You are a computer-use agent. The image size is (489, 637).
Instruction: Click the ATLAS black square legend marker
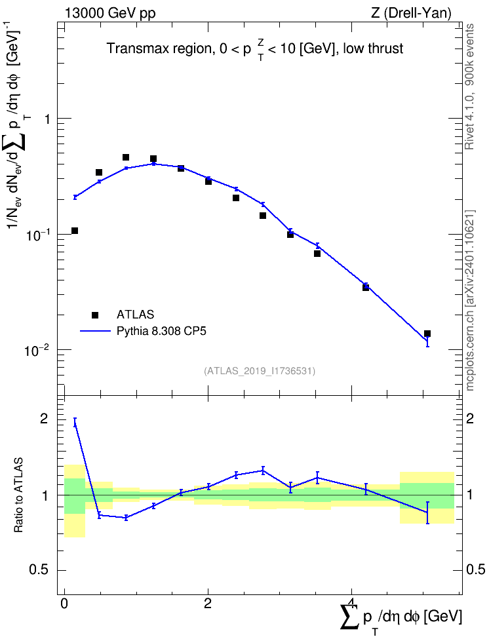click(x=95, y=315)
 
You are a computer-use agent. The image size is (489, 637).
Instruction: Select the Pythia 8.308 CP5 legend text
click(x=161, y=331)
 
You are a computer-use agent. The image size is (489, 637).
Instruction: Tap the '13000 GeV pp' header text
click(x=110, y=13)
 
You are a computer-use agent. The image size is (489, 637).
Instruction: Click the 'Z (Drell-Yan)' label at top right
click(x=411, y=13)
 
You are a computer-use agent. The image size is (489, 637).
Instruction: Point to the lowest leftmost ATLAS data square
click(x=74, y=231)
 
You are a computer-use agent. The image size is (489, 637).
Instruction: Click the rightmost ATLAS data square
click(x=427, y=334)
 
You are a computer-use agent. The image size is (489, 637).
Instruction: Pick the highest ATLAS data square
click(x=126, y=157)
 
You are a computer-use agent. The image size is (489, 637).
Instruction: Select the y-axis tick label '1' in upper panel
click(x=47, y=119)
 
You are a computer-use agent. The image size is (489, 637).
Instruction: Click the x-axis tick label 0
click(x=64, y=604)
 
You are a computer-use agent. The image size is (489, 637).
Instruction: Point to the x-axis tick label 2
click(x=208, y=604)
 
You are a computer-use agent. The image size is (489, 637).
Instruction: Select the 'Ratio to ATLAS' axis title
click(x=18, y=495)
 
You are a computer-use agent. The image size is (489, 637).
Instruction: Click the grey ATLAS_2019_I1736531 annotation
click(x=260, y=370)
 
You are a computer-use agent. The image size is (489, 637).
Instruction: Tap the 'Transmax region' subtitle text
click(x=159, y=48)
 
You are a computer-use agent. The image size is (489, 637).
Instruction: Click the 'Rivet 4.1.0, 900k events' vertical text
click(x=469, y=87)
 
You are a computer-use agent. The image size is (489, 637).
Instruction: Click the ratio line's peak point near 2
click(x=75, y=423)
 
